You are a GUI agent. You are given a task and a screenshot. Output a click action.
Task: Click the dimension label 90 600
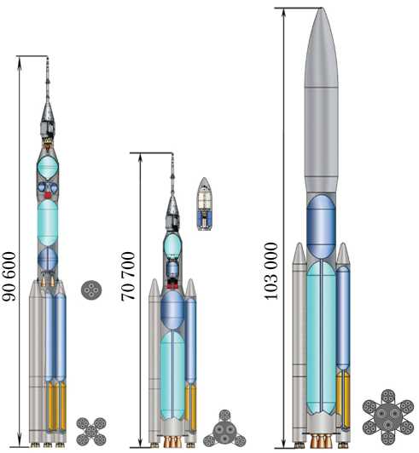[9, 277]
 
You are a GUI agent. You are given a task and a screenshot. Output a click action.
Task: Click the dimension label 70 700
[128, 277]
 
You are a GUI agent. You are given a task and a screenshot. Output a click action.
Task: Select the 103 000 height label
[271, 271]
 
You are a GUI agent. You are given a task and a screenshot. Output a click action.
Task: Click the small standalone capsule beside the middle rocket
[205, 204]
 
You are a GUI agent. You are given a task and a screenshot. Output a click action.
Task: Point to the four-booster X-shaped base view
[91, 432]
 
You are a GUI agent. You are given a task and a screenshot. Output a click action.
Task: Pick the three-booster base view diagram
[224, 429]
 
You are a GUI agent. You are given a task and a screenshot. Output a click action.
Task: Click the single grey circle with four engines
[91, 290]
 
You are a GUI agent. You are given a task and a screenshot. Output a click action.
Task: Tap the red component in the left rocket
[48, 195]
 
